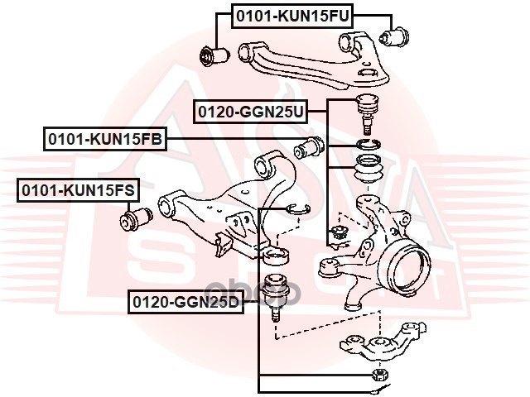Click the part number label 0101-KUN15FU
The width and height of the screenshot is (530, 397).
(x=281, y=15)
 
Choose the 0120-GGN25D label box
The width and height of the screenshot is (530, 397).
(x=184, y=303)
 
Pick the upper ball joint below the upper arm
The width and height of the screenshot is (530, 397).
(x=365, y=112)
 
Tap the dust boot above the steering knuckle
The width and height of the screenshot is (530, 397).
(x=367, y=170)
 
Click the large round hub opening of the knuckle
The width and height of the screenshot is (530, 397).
(x=408, y=265)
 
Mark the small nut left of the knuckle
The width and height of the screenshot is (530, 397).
(x=337, y=235)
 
